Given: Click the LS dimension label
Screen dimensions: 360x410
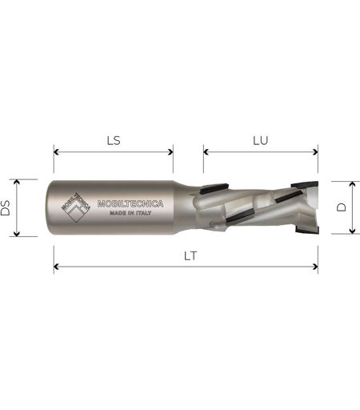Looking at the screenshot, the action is point(114,141).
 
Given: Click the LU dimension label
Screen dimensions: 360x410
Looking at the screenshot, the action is point(261,141).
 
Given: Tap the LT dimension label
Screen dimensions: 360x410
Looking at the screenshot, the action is point(190,256).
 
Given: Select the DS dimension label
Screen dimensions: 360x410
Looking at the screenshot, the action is point(6,207).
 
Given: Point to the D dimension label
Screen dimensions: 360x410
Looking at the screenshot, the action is point(341,207).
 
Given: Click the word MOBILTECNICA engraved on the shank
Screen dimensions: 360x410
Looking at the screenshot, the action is point(130,204).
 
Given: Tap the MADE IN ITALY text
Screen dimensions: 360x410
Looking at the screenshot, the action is point(130,213).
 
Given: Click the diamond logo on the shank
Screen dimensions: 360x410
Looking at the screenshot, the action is point(76,207).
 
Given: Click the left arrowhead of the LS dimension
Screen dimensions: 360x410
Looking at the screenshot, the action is point(56,152).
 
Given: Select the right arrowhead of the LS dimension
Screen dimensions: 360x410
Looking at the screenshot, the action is point(170,152).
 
